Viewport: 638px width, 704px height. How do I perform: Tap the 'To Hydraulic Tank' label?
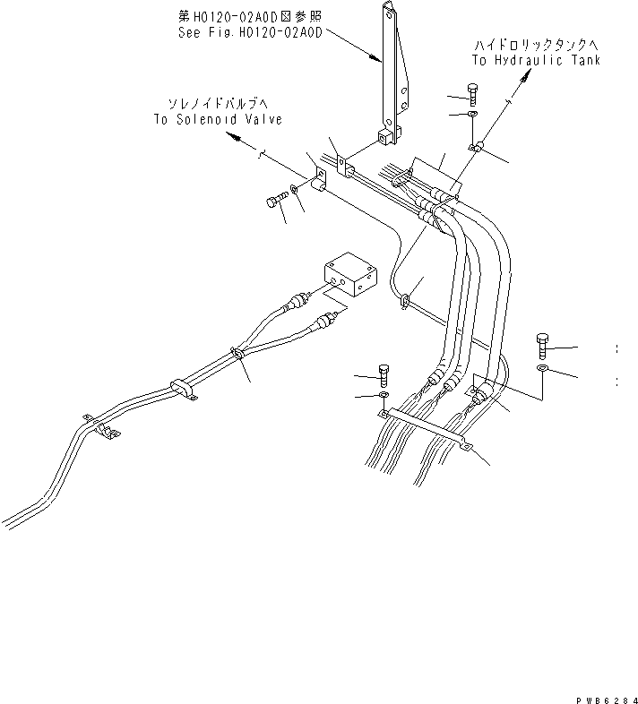(536, 60)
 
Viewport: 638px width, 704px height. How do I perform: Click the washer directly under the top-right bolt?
(472, 115)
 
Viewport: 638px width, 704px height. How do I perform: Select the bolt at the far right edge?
(542, 344)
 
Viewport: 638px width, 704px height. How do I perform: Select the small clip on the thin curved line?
(404, 300)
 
